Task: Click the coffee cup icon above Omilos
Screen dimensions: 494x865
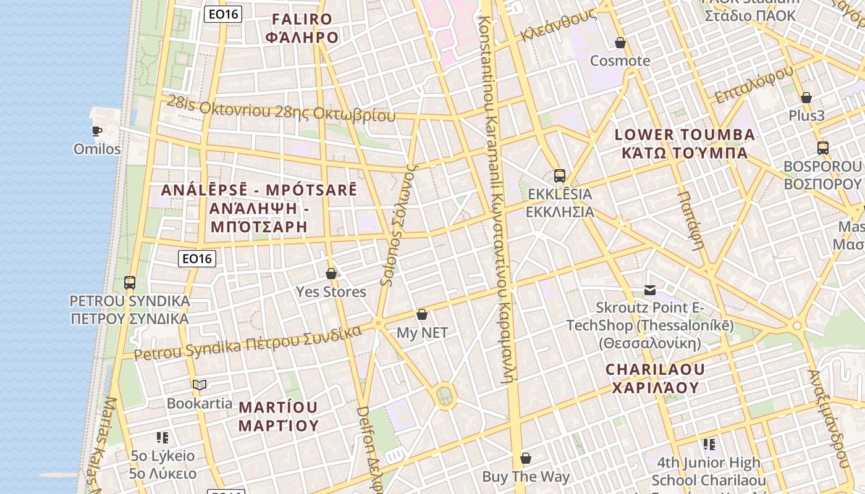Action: click(97, 131)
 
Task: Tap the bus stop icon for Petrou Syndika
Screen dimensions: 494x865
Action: click(130, 283)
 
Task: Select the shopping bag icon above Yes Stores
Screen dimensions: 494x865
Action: click(331, 274)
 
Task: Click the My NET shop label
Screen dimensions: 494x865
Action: click(422, 333)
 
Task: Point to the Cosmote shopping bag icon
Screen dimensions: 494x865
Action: click(620, 43)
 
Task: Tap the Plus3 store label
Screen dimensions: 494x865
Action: click(806, 115)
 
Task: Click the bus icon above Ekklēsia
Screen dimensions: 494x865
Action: click(560, 176)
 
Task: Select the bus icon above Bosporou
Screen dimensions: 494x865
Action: click(823, 148)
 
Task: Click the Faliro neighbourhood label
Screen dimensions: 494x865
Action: click(302, 28)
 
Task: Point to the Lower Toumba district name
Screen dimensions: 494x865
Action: click(685, 143)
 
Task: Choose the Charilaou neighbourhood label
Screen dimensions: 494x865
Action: click(656, 379)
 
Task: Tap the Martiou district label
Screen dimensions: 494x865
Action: click(279, 416)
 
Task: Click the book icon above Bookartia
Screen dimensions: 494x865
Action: click(200, 385)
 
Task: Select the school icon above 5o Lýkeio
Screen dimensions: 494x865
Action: click(162, 438)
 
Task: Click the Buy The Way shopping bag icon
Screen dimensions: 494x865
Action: click(526, 458)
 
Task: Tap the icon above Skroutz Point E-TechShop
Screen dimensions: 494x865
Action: click(650, 290)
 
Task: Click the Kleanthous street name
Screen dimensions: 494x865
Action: click(558, 26)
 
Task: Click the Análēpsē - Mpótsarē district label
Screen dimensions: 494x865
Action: click(259, 208)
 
